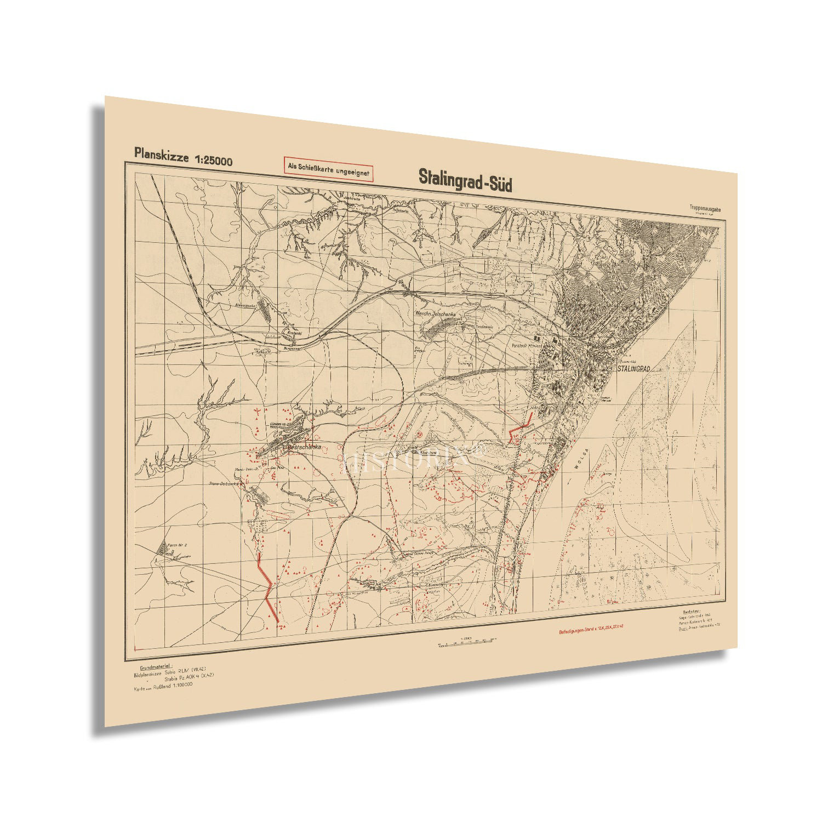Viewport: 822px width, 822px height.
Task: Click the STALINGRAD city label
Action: (633, 369)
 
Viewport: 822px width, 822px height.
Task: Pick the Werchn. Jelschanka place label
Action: (436, 314)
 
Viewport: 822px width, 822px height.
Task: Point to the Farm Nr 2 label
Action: (178, 545)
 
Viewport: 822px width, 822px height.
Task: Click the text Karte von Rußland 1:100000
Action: (163, 686)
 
